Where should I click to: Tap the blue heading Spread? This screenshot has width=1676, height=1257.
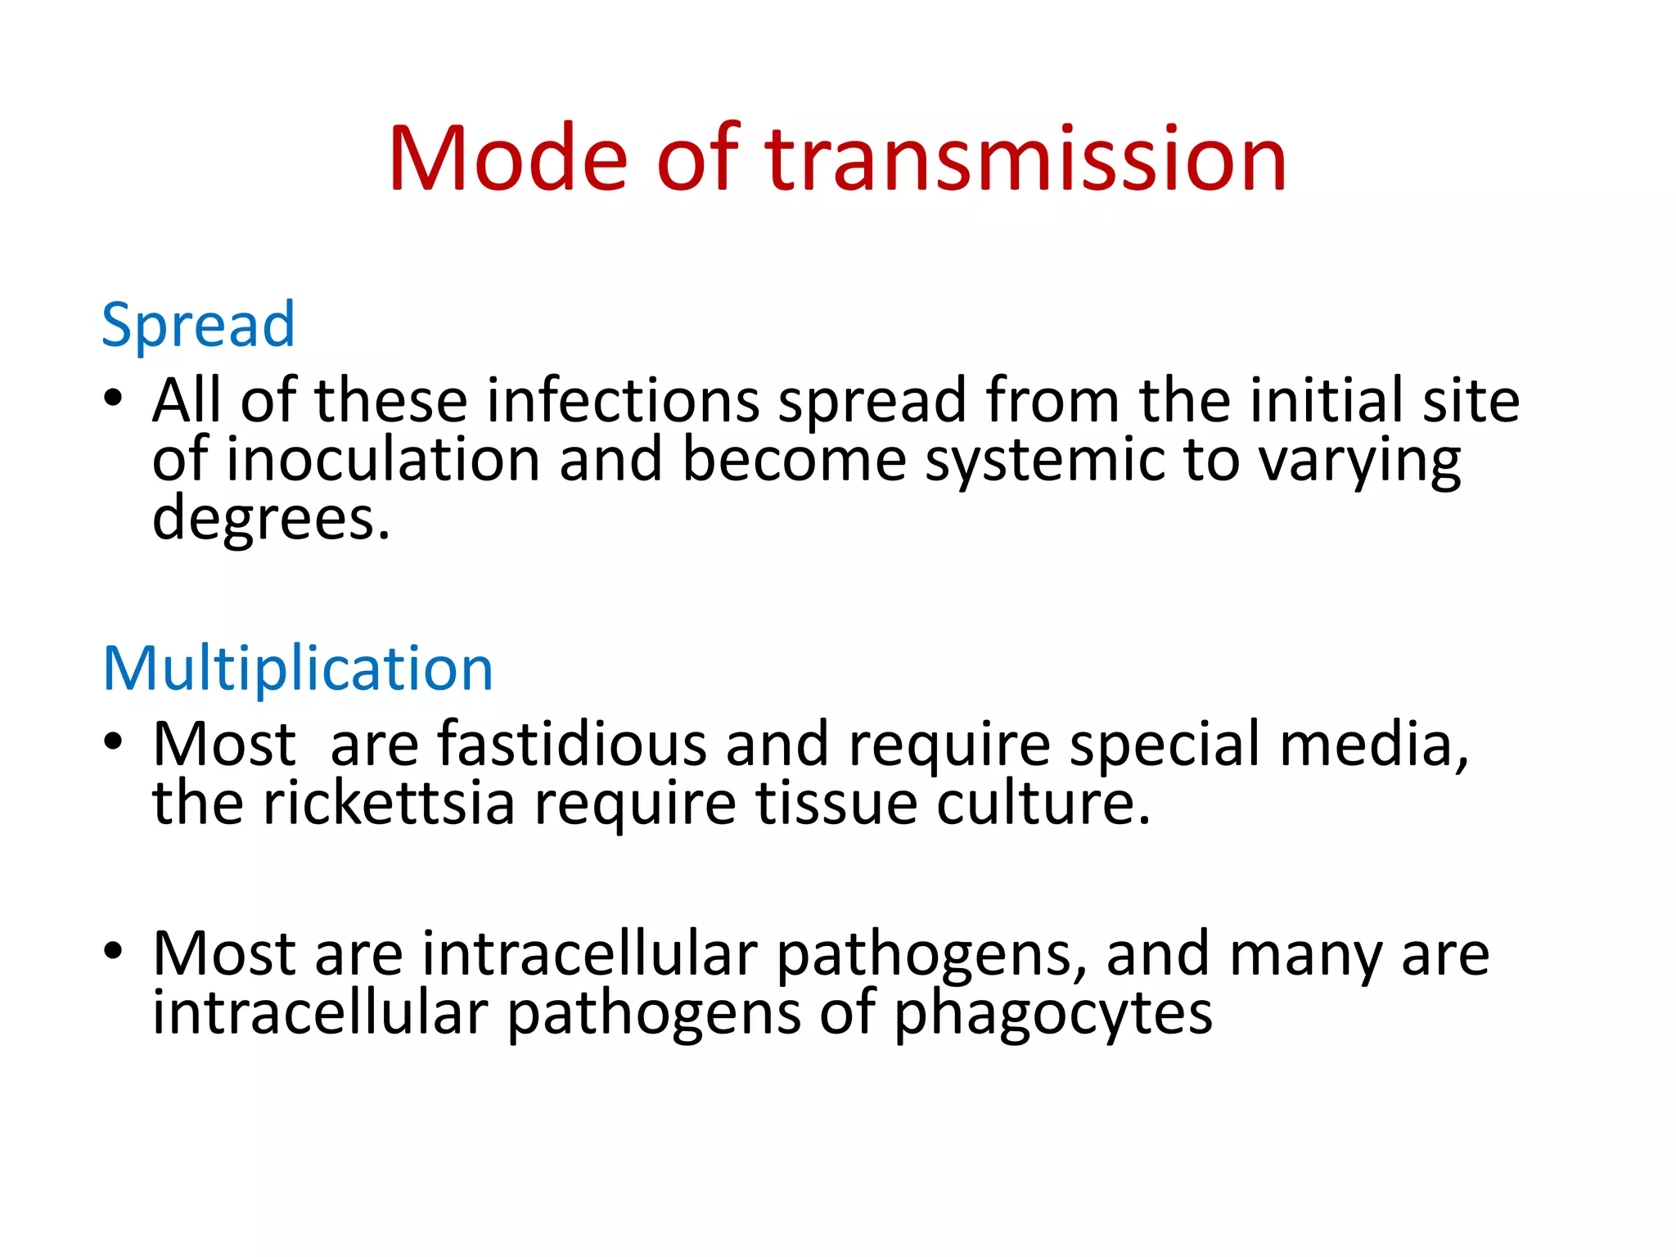(197, 326)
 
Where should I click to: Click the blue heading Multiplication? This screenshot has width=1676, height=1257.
(298, 669)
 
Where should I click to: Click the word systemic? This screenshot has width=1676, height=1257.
(1044, 460)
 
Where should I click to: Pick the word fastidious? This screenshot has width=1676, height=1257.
(571, 744)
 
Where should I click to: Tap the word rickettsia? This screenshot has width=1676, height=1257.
(390, 803)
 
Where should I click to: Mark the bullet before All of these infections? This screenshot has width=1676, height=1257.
(113, 399)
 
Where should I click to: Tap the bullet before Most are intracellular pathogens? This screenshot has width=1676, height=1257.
(113, 952)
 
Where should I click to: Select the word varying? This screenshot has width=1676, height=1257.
(1358, 462)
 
